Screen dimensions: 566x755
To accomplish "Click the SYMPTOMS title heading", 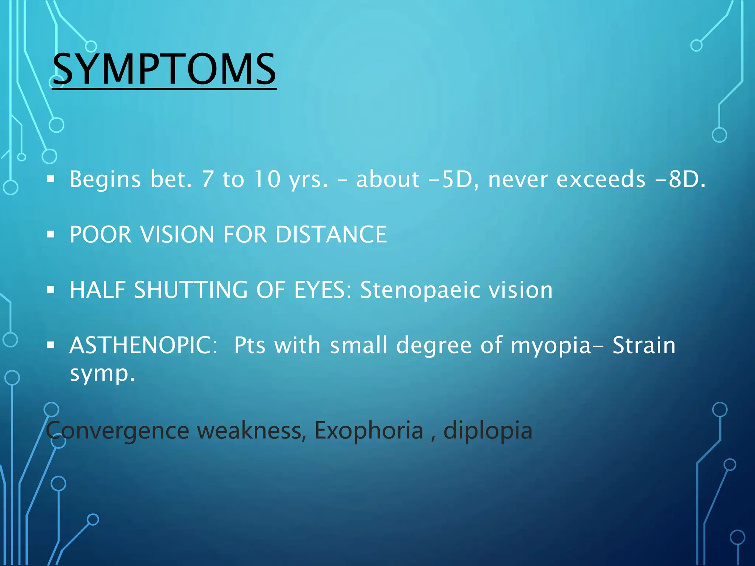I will [x=164, y=69].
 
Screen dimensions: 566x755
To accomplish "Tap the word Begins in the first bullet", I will [x=105, y=179].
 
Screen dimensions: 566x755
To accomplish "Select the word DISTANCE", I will [x=331, y=234].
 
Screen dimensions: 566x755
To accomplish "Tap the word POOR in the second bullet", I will [x=100, y=234].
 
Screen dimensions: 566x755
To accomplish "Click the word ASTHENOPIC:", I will [x=144, y=346].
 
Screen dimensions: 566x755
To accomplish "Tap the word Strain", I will [x=644, y=346].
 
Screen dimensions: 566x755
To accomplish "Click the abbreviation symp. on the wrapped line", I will [x=102, y=374].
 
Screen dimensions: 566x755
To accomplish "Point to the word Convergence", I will [x=117, y=430].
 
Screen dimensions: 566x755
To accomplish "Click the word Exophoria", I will [x=369, y=430].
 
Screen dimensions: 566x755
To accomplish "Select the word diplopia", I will [x=488, y=430].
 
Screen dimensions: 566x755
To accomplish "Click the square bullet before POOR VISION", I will [x=51, y=234].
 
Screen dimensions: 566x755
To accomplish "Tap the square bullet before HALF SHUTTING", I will [x=51, y=290].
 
